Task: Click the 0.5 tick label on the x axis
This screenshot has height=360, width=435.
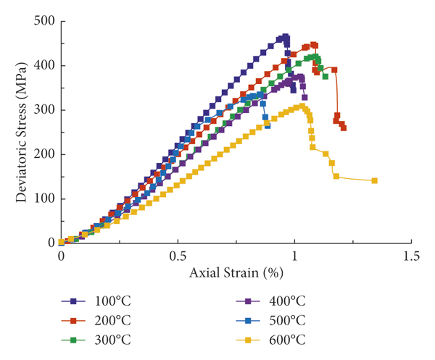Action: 178,256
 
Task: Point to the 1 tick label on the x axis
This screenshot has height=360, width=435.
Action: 295,256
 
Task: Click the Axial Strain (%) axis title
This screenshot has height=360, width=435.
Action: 236,275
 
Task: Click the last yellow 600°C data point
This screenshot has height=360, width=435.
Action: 374,180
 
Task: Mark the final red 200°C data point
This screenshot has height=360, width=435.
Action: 343,127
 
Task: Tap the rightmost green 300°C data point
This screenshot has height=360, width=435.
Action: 325,76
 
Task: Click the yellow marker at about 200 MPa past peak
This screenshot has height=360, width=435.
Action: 326,154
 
